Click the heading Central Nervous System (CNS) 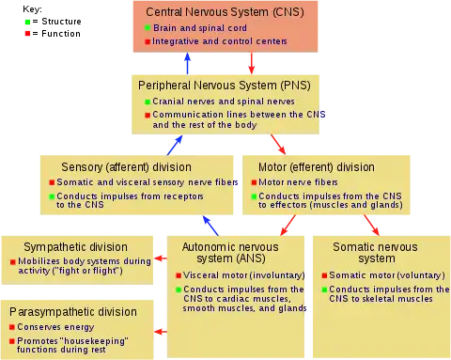[x=225, y=12]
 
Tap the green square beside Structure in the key [x=27, y=22]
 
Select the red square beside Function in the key [x=27, y=34]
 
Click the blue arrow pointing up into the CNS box [x=188, y=63]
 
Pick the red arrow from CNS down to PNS [x=252, y=63]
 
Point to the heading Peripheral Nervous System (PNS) [x=225, y=86]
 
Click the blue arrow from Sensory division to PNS [x=175, y=145]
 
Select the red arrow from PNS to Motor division [x=278, y=145]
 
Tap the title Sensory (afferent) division [x=126, y=167]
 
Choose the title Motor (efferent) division [x=317, y=167]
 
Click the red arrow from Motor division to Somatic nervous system [x=371, y=225]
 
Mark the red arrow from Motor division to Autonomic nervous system [x=288, y=225]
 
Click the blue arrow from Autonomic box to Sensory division [x=210, y=226]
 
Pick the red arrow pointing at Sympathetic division [x=161, y=258]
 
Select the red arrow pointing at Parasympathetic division [x=161, y=332]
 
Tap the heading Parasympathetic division [x=73, y=312]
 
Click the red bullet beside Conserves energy [x=12, y=327]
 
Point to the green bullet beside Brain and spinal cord [x=148, y=27]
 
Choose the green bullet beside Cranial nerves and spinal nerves [x=148, y=102]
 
